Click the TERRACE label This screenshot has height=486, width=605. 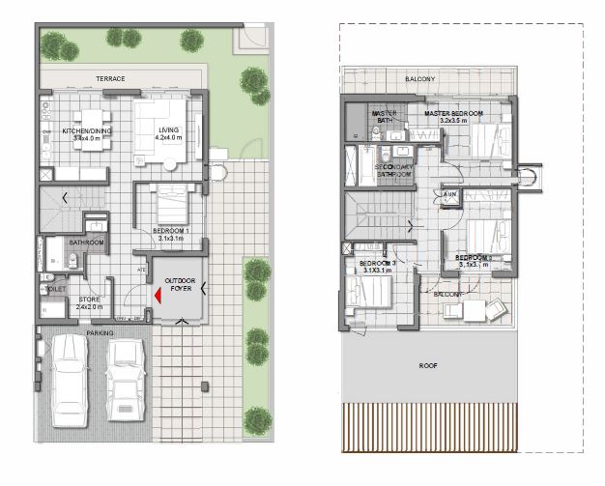(x=109, y=78)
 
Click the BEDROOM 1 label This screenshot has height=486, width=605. (x=170, y=232)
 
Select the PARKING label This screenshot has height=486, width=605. (x=100, y=333)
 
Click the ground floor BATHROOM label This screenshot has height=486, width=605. (x=86, y=243)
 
